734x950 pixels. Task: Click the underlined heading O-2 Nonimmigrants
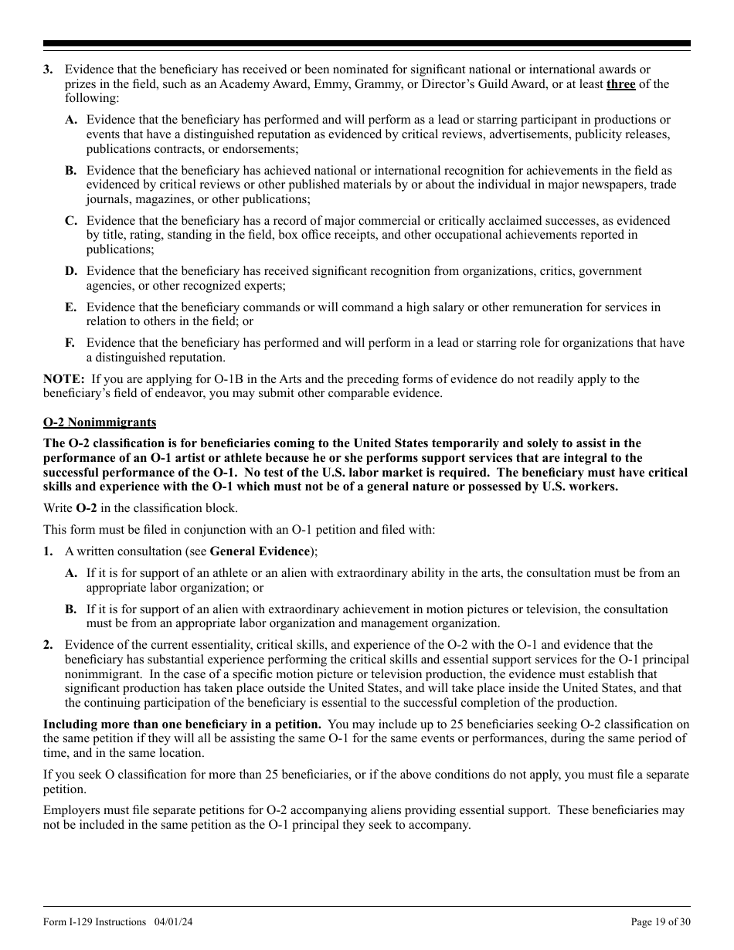[99, 422]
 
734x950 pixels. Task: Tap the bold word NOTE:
[63, 378]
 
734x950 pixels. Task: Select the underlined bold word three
[620, 84]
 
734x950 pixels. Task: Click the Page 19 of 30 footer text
[661, 921]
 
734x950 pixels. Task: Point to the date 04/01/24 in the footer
[174, 921]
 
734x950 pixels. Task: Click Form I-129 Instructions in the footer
[94, 921]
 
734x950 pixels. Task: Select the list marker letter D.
[71, 271]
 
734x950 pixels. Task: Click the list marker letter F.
[70, 343]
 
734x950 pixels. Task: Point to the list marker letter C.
[71, 221]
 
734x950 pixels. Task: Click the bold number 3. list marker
[48, 70]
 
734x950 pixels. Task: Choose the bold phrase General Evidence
[260, 551]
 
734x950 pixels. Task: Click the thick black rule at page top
[367, 44]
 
